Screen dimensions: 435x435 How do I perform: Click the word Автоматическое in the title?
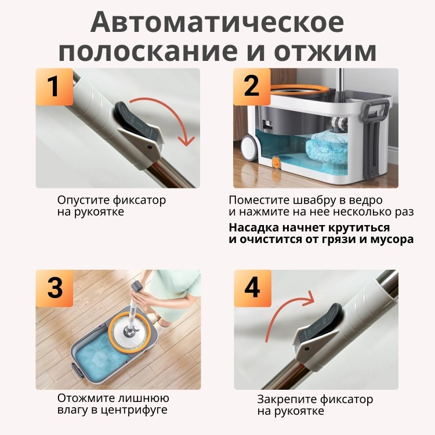(x=217, y=22)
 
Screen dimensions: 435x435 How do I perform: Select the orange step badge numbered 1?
(x=55, y=87)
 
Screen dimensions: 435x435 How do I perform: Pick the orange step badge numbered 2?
(x=252, y=87)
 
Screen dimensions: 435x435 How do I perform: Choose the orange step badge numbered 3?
(x=55, y=288)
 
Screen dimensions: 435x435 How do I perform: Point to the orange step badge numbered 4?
(x=252, y=288)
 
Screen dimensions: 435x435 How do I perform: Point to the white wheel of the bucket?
(x=250, y=148)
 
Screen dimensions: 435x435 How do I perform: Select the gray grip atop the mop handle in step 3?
(x=138, y=286)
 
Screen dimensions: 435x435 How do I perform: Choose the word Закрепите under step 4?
(x=287, y=400)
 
